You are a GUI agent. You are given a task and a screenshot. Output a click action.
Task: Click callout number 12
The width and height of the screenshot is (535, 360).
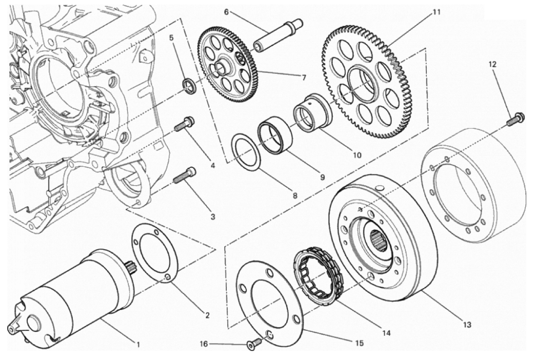click(493, 64)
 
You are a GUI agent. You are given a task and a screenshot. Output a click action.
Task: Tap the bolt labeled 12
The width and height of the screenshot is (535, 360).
click(515, 119)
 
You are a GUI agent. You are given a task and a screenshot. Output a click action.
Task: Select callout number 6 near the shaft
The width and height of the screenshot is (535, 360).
click(226, 12)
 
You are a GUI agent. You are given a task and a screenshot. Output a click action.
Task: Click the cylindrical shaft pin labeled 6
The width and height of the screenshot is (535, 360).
click(278, 35)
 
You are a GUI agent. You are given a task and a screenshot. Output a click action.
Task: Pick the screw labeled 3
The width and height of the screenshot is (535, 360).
click(185, 175)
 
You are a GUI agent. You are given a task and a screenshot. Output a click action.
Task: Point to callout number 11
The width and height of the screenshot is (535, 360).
click(437, 12)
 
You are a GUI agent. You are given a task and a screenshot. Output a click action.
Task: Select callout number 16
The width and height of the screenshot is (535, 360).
click(204, 344)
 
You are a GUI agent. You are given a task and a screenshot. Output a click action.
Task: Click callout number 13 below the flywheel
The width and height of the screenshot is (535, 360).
click(467, 325)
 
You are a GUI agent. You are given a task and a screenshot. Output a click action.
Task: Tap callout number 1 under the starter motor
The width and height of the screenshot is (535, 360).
click(138, 345)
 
